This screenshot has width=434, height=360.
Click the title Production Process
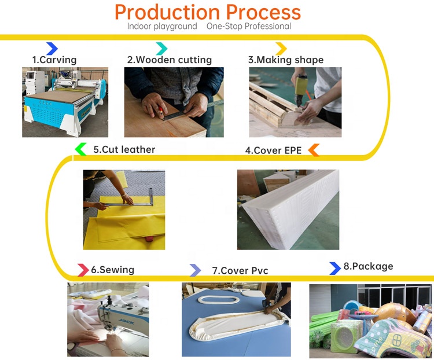(208, 12)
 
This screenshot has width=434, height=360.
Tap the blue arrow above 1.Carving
(52, 49)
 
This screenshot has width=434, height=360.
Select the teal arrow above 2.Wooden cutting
(161, 49)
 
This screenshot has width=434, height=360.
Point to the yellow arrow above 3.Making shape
(281, 49)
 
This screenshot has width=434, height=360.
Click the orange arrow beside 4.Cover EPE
(313, 150)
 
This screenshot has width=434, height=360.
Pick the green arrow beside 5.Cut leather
(81, 149)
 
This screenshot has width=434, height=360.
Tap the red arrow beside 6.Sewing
(83, 270)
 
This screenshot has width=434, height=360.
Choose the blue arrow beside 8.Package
(334, 268)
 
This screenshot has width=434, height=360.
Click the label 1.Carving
(54, 60)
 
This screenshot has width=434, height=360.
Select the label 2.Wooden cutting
(170, 60)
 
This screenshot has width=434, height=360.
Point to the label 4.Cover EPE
(274, 150)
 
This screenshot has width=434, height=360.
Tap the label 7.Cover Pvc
(240, 270)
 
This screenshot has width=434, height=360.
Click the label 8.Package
(368, 266)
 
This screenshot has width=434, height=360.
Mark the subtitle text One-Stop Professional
(249, 27)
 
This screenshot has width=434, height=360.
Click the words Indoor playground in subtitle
(162, 27)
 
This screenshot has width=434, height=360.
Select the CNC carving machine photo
(64, 102)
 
